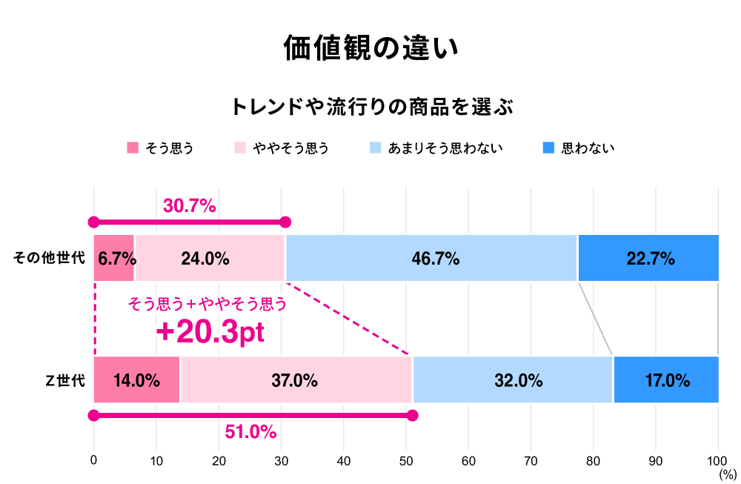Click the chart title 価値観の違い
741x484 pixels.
(x=370, y=48)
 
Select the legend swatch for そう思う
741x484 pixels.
(x=133, y=147)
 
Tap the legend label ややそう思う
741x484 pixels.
(x=290, y=148)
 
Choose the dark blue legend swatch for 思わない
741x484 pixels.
(x=548, y=147)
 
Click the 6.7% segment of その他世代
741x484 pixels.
(x=114, y=259)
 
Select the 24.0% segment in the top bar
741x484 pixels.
(x=210, y=259)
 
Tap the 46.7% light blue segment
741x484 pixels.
(x=431, y=259)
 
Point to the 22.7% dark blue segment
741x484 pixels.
(x=648, y=259)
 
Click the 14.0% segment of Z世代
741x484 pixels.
(x=137, y=380)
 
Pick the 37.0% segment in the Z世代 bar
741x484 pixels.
(x=296, y=380)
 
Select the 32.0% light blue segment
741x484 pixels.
(x=513, y=380)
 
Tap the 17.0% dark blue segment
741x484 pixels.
(x=666, y=380)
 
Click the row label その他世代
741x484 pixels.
(x=49, y=259)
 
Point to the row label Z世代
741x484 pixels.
(x=65, y=381)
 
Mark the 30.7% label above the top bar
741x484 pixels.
(x=189, y=206)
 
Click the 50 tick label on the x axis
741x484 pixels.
(x=406, y=461)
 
